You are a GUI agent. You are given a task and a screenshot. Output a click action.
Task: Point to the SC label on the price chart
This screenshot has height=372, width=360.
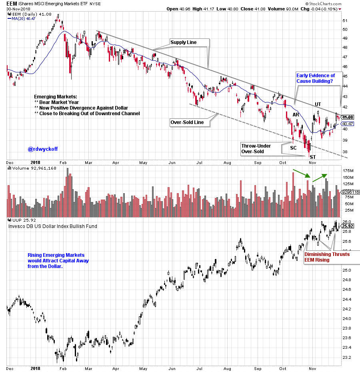tap(293, 148)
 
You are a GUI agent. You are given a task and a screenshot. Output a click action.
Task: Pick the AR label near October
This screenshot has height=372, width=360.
tap(296, 115)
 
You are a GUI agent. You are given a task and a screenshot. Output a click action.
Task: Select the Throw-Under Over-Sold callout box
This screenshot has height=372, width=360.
tap(256, 148)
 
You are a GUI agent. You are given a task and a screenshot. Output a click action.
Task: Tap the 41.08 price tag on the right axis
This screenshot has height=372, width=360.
tap(348, 117)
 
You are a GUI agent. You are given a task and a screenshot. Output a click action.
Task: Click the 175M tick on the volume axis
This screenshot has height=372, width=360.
tap(348, 170)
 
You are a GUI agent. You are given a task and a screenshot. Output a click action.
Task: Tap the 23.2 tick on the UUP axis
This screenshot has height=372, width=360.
tap(347, 357)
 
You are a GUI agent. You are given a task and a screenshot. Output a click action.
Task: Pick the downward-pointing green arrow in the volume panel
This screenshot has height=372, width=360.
tap(301, 173)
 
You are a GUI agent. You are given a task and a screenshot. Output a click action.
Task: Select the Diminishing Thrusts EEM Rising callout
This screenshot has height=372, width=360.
tap(327, 257)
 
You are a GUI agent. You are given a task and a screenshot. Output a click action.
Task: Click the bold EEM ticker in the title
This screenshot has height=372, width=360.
tap(12, 4)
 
